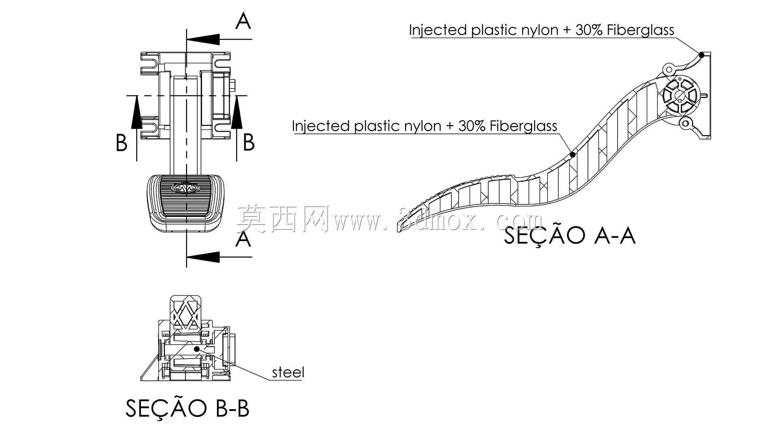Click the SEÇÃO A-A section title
pos(569,235)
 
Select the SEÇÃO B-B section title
pos(187,408)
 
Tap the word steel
pos(288,372)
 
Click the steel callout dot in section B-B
pos(197,349)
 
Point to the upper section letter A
pos(243,21)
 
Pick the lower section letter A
pos(243,239)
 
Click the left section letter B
pos(122,143)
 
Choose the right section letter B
pos(249,142)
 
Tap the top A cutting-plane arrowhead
pos(203,39)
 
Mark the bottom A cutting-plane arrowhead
pos(203,257)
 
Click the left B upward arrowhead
pos(137,112)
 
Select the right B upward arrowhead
pos(237,112)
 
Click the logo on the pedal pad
pos(186,187)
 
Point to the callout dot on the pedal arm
pos(573,155)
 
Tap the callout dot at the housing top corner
pos(701,54)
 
